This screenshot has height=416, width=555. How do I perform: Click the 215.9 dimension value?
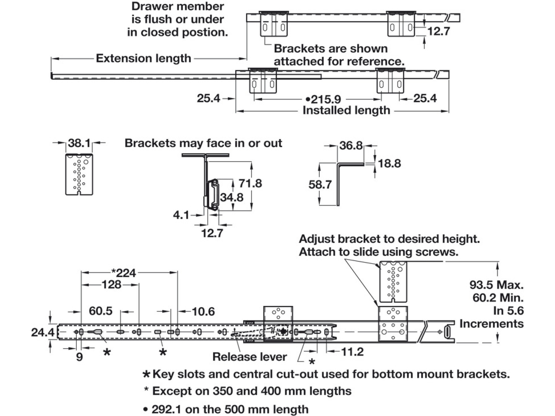326,99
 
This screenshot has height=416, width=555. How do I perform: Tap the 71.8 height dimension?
250,183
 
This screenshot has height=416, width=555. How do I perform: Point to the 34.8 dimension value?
232,197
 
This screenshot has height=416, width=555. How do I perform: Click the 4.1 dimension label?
181,215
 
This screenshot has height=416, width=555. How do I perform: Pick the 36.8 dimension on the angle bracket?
351,145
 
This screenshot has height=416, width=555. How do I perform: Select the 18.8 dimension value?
389,163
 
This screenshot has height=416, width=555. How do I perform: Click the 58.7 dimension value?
320,185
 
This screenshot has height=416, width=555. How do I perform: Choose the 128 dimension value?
111,284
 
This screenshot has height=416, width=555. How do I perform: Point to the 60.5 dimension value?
101,311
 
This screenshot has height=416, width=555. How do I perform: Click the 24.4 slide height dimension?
43,332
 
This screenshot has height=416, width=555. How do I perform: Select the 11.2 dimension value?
352,352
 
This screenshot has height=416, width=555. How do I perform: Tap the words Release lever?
249,357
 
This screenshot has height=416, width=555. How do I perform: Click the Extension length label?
143,58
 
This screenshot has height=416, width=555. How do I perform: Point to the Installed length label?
346,110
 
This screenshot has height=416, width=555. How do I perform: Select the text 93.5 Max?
496,285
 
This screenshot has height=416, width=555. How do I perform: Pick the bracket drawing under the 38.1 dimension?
79,174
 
